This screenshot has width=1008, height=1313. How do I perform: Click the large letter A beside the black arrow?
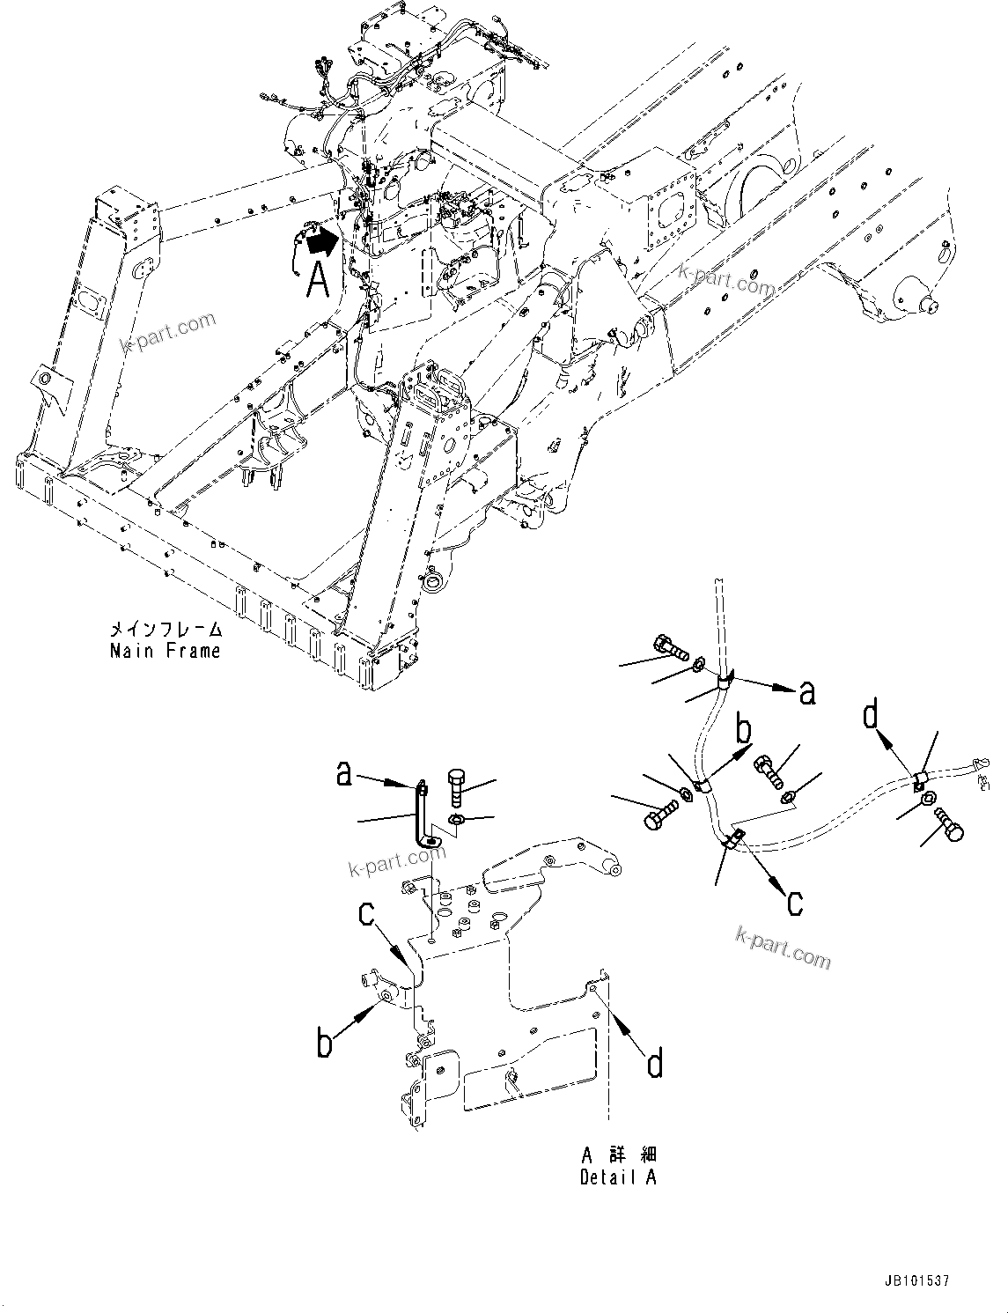point(318,280)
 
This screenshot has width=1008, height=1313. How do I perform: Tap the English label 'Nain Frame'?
point(165,651)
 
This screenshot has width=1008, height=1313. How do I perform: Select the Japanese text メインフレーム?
point(166,630)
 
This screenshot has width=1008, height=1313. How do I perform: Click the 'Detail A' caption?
point(618,1177)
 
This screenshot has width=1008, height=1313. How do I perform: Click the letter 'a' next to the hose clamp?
point(806,693)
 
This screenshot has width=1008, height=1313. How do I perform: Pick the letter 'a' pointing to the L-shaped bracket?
point(344,774)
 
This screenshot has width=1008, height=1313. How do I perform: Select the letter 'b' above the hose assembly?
point(745,730)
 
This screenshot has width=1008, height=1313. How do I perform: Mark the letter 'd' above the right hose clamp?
point(872,716)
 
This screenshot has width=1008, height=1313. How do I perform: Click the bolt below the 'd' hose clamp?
point(949,822)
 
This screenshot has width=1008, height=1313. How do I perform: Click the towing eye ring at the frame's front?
point(434,582)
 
